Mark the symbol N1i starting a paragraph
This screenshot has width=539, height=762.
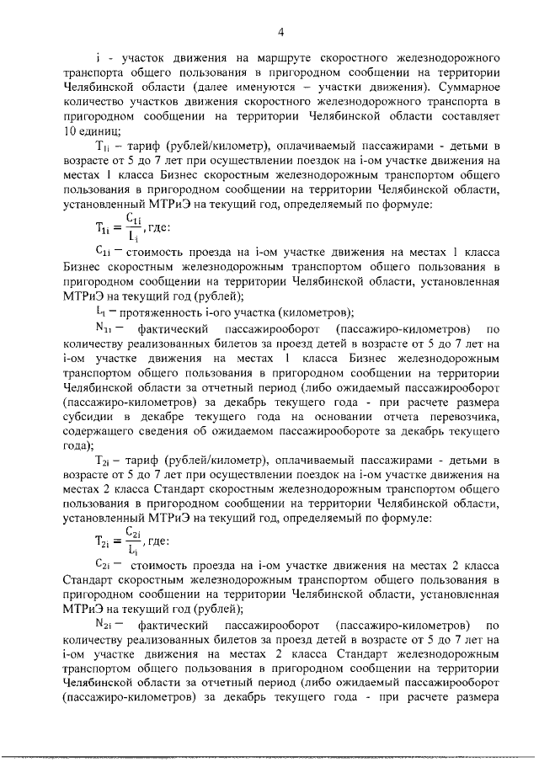(106, 328)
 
